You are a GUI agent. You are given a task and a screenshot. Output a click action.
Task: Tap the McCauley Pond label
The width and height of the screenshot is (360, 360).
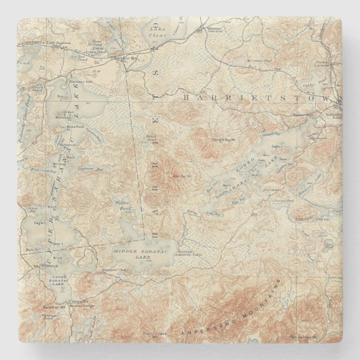(255, 60)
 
